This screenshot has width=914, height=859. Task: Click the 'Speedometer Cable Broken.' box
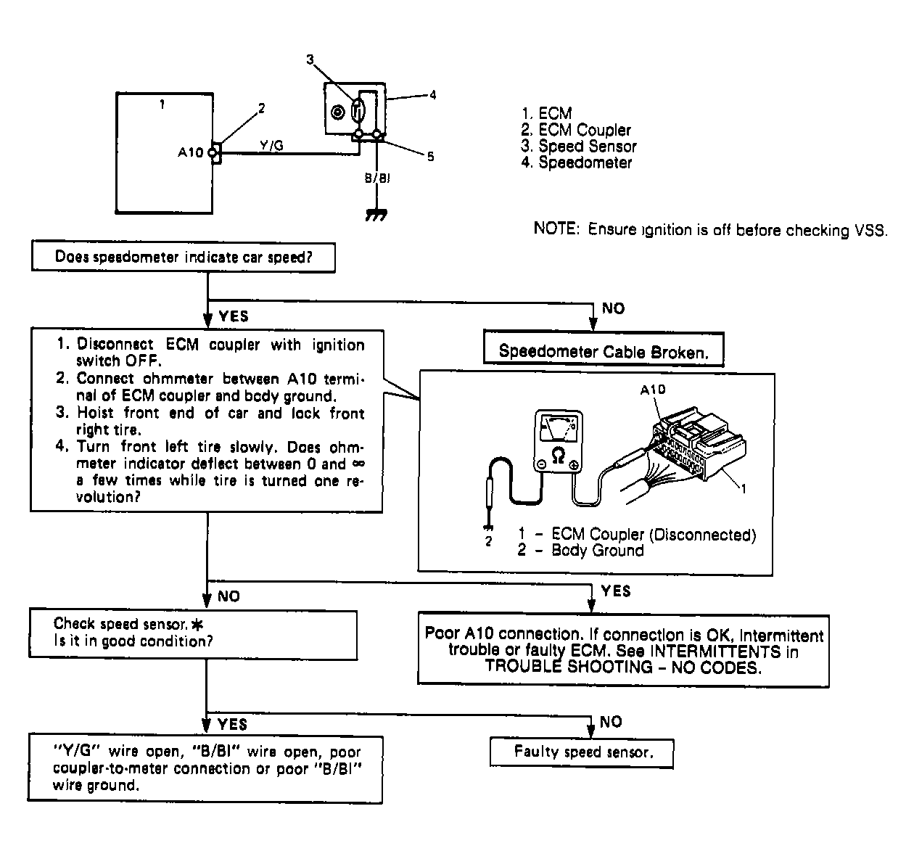pos(603,352)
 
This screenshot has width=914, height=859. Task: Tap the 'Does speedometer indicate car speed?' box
pos(184,258)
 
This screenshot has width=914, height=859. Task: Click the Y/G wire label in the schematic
pos(271,146)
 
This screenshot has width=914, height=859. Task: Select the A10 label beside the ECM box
pos(191,153)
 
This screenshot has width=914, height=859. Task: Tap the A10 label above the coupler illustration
pos(652,390)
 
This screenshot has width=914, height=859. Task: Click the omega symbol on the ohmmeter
pos(558,454)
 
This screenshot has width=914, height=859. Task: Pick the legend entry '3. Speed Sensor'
pos(578,147)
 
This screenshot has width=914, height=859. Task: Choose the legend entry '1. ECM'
pos(546,113)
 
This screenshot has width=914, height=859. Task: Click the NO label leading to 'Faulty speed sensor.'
pos(612,722)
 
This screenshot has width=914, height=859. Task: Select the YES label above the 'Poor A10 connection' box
pos(616,591)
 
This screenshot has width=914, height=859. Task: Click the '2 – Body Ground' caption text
pos(580,551)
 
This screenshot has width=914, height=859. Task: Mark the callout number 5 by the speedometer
pos(430,157)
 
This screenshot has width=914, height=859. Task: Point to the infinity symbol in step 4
pos(358,464)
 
